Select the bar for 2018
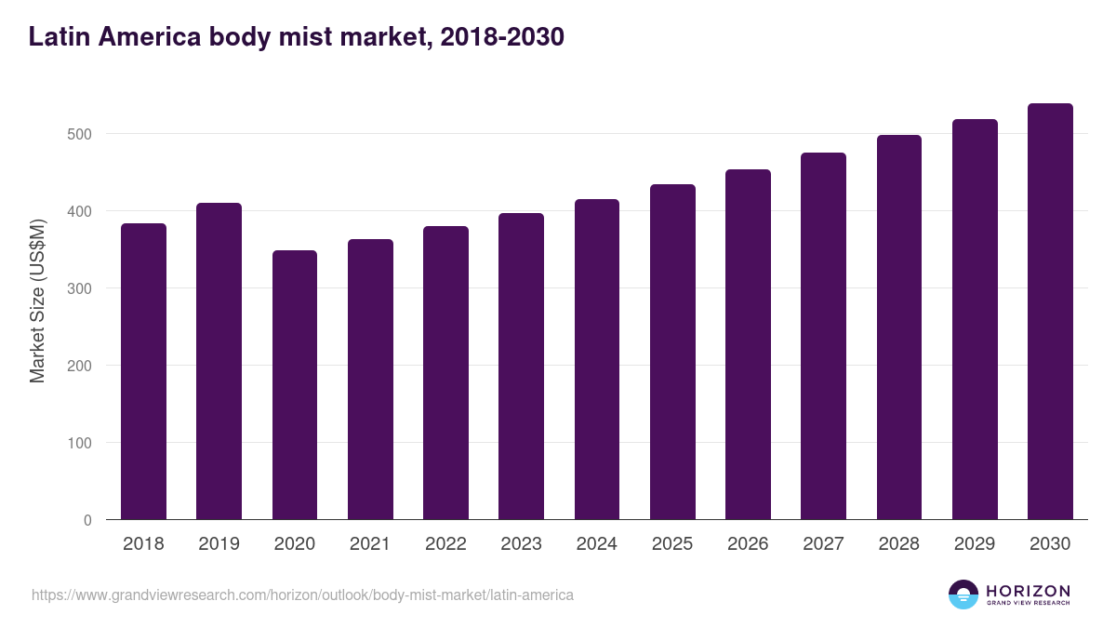(x=143, y=372)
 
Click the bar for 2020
(x=295, y=385)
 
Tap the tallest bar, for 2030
(x=1050, y=312)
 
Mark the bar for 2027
(x=823, y=336)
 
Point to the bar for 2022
(x=445, y=373)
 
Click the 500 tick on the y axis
(x=81, y=134)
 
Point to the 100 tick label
(x=81, y=443)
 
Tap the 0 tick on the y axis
(x=87, y=520)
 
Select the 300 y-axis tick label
(x=81, y=288)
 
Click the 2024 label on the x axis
(x=596, y=544)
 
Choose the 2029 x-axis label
(x=974, y=544)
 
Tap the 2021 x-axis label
(x=370, y=544)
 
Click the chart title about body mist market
(x=296, y=37)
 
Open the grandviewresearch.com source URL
(x=302, y=595)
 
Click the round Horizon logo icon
(x=963, y=595)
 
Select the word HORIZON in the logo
(x=1028, y=591)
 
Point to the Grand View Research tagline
(x=1028, y=604)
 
